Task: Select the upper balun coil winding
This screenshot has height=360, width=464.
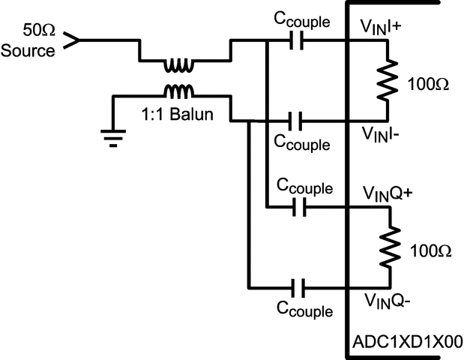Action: tap(178, 66)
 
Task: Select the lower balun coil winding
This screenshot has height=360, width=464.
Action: tap(178, 91)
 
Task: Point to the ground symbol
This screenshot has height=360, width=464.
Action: tap(112, 139)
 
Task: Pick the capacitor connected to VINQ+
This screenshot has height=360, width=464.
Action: tap(298, 206)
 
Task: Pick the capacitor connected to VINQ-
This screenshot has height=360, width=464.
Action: tap(298, 286)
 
